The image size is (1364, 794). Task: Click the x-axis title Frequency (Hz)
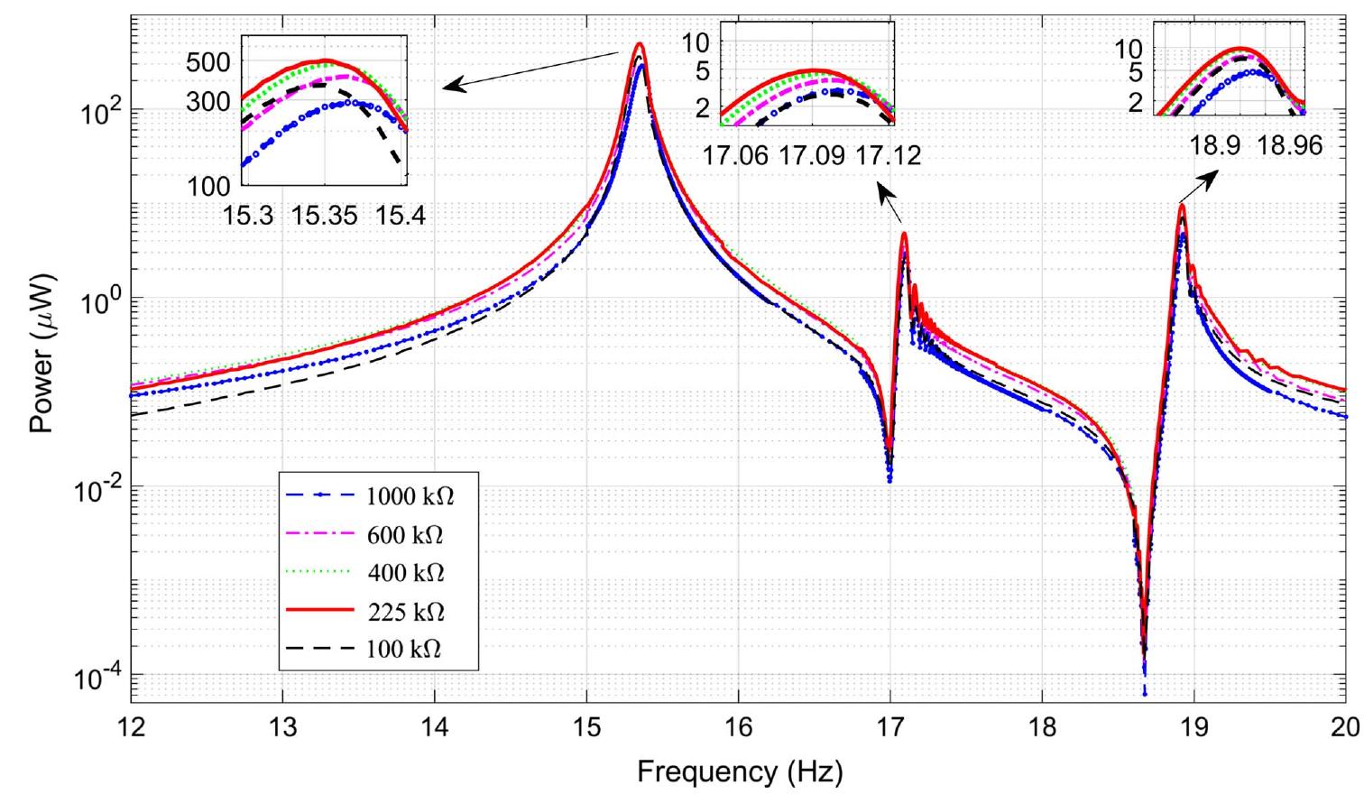point(740,771)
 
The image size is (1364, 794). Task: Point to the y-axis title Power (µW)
point(41,359)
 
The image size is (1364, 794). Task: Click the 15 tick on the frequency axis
point(587,727)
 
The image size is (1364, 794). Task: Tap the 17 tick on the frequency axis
point(890,727)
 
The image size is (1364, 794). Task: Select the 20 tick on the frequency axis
point(1345,727)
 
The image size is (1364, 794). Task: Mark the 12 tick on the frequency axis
point(132,727)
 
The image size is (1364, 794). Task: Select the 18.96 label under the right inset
point(1290,145)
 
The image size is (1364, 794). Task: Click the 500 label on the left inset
point(208,62)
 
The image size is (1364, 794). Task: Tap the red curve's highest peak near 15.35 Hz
point(640,42)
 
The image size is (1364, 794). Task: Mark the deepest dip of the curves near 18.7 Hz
point(1144,690)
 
